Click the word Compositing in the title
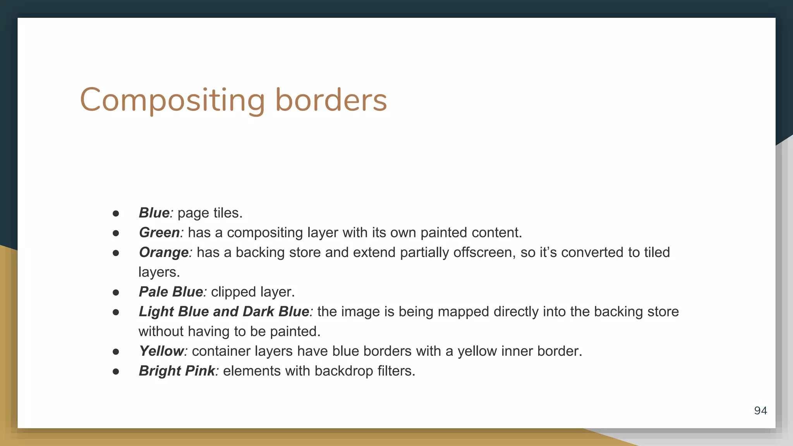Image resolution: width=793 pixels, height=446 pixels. click(172, 100)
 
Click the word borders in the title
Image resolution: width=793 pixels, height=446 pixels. click(331, 100)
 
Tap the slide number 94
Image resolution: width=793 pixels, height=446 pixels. click(760, 410)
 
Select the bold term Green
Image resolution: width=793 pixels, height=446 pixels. click(159, 233)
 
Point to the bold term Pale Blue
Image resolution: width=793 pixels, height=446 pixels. click(171, 292)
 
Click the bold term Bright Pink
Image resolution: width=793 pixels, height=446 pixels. click(177, 371)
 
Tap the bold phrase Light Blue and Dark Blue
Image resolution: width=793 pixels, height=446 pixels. click(224, 312)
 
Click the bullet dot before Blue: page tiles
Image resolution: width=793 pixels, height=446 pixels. click(116, 213)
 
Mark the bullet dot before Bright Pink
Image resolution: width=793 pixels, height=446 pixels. click(116, 371)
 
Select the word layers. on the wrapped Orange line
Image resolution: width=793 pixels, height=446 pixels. click(159, 272)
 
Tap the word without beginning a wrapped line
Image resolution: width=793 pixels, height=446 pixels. click(161, 331)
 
